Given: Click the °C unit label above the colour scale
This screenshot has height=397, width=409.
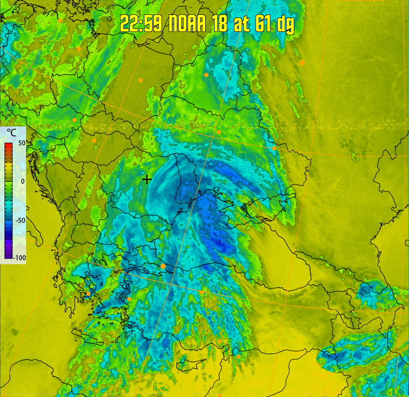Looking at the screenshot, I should click(x=11, y=133).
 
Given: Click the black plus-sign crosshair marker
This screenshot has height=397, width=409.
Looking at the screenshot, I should click(x=147, y=179).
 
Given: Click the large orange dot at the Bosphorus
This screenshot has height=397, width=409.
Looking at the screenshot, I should click(x=163, y=266).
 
